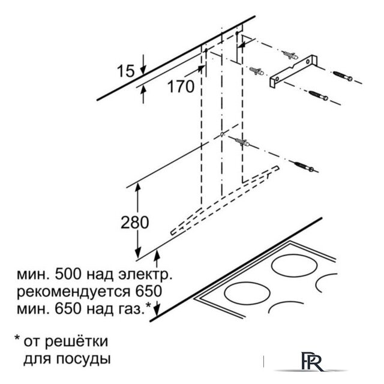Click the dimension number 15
(125, 71)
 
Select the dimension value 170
(181, 86)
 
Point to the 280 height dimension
(134, 223)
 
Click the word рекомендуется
(73, 292)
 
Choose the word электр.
(145, 275)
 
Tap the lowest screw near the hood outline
(304, 167)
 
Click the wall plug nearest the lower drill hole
(242, 142)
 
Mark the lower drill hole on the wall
(221, 134)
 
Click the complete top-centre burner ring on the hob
(294, 266)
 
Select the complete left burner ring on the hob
(247, 293)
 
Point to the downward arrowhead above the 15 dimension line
(143, 70)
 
